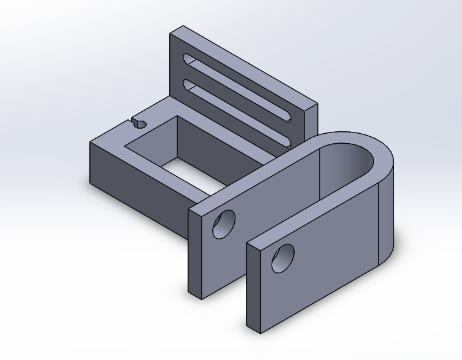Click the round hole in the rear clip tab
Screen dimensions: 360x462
[x=224, y=224]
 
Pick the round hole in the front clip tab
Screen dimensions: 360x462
[x=283, y=257]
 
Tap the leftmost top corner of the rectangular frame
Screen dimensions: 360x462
[x=90, y=142]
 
